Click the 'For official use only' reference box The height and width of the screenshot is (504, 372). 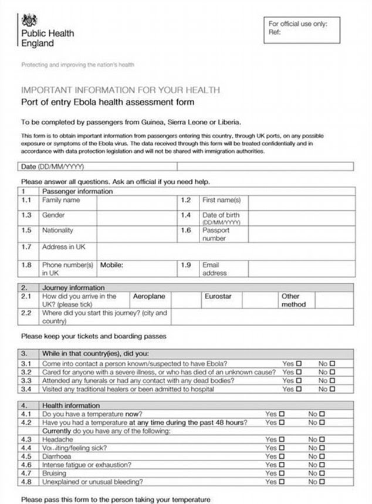302,29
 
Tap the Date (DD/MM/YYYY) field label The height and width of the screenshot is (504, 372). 53,167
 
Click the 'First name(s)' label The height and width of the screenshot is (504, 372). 221,200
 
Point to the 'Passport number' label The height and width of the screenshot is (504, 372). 215,234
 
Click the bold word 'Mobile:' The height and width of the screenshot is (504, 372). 111,265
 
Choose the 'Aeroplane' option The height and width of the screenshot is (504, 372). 149,297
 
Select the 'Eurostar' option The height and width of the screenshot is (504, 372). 218,297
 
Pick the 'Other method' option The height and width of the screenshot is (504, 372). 293,300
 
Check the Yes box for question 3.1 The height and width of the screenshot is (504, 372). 299,364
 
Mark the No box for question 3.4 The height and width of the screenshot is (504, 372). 333,388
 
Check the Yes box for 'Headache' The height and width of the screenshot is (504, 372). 282,439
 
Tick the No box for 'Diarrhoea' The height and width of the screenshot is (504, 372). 322,456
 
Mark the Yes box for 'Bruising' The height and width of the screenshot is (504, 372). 282,473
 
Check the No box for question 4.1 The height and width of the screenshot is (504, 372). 322,414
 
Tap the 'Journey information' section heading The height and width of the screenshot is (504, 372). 73,288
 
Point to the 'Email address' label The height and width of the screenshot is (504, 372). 215,269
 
